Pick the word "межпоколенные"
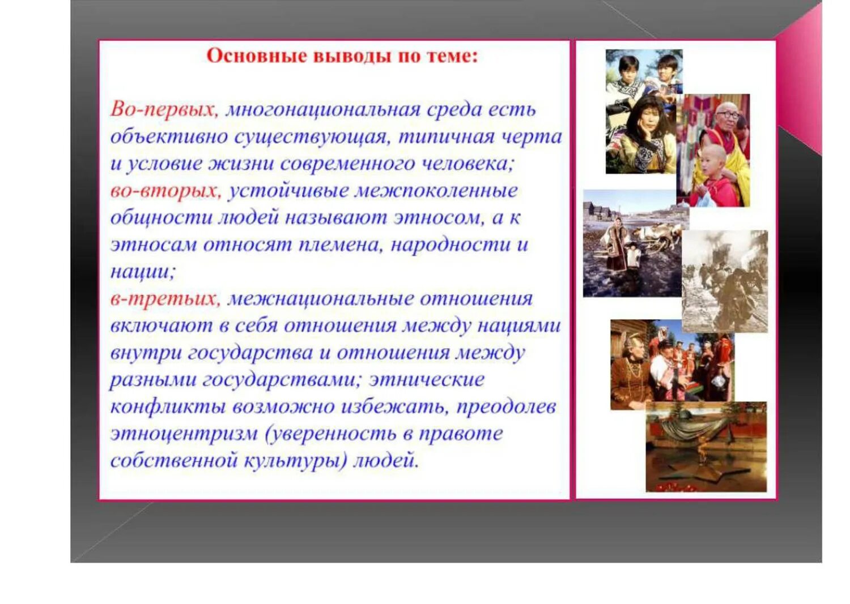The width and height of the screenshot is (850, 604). pos(436,191)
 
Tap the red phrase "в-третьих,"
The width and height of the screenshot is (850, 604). pos(165,298)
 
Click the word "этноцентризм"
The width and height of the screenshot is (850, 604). pos(184,434)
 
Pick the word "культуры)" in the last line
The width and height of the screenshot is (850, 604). pos(295,460)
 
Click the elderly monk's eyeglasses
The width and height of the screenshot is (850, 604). pos(728,114)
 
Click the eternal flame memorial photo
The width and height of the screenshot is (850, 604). pos(705,447)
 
